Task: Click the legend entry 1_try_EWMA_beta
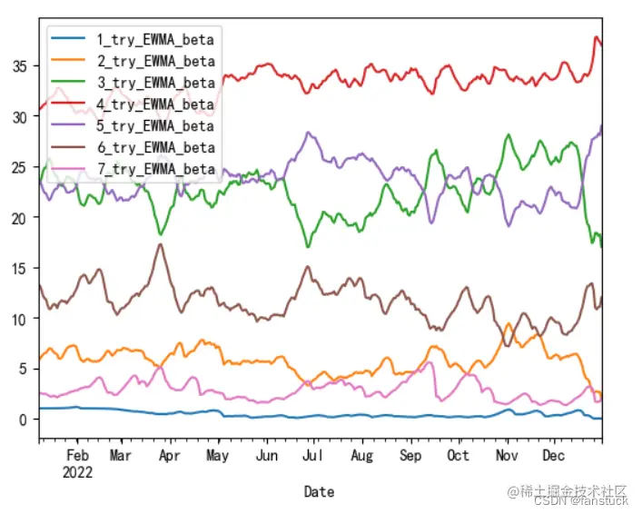pyautogui.click(x=155, y=39)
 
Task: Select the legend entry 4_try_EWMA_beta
pyautogui.click(x=155, y=104)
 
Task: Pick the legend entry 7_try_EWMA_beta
pyautogui.click(x=155, y=170)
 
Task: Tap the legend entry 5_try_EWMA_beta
pyautogui.click(x=155, y=126)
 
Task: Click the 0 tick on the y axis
pyautogui.click(x=23, y=420)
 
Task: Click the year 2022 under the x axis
pyautogui.click(x=78, y=470)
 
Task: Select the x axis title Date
pyautogui.click(x=319, y=491)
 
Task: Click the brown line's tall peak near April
pyautogui.click(x=161, y=244)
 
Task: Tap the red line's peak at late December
pyautogui.click(x=597, y=37)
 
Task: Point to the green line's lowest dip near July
pyautogui.click(x=308, y=246)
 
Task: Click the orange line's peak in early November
pyautogui.click(x=509, y=323)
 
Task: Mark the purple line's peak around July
pyautogui.click(x=309, y=133)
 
